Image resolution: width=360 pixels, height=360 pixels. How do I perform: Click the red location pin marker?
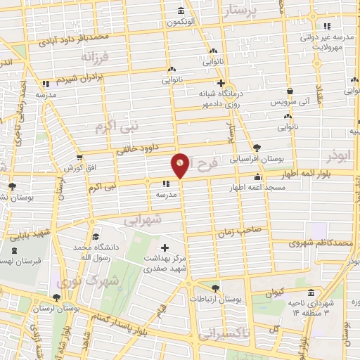[181, 165]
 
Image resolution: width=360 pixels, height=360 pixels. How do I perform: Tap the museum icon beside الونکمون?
[182, 11]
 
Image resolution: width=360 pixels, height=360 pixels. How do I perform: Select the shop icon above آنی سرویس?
[290, 91]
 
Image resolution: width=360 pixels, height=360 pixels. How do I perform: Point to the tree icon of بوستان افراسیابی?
[257, 148]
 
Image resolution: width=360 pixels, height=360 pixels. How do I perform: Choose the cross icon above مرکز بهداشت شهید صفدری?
[165, 247]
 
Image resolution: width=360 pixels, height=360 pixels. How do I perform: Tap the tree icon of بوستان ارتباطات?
[215, 288]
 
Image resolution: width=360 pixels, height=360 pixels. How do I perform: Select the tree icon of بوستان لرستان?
[56, 297]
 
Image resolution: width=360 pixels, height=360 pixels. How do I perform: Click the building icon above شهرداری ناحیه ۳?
[311, 292]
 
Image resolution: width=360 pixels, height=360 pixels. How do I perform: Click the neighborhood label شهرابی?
[143, 219]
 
